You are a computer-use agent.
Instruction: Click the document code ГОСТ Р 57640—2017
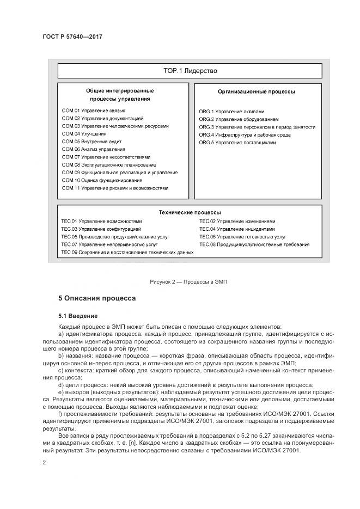click(x=72, y=36)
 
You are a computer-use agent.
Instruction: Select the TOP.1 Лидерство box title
click(x=190, y=71)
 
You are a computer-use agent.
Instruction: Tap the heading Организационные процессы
click(x=257, y=91)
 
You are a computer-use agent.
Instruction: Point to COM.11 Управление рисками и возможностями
click(x=115, y=188)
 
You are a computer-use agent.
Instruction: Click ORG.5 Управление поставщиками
click(x=237, y=142)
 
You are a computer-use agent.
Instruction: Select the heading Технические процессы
click(x=190, y=212)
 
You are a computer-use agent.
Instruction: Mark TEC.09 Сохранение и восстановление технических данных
click(x=127, y=253)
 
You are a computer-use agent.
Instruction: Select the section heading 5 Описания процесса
click(x=97, y=298)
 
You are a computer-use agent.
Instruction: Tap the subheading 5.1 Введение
click(x=78, y=315)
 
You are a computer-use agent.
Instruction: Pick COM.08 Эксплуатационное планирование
click(x=109, y=164)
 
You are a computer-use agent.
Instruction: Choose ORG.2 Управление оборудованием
click(x=239, y=119)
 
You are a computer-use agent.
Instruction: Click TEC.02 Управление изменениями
click(x=237, y=222)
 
